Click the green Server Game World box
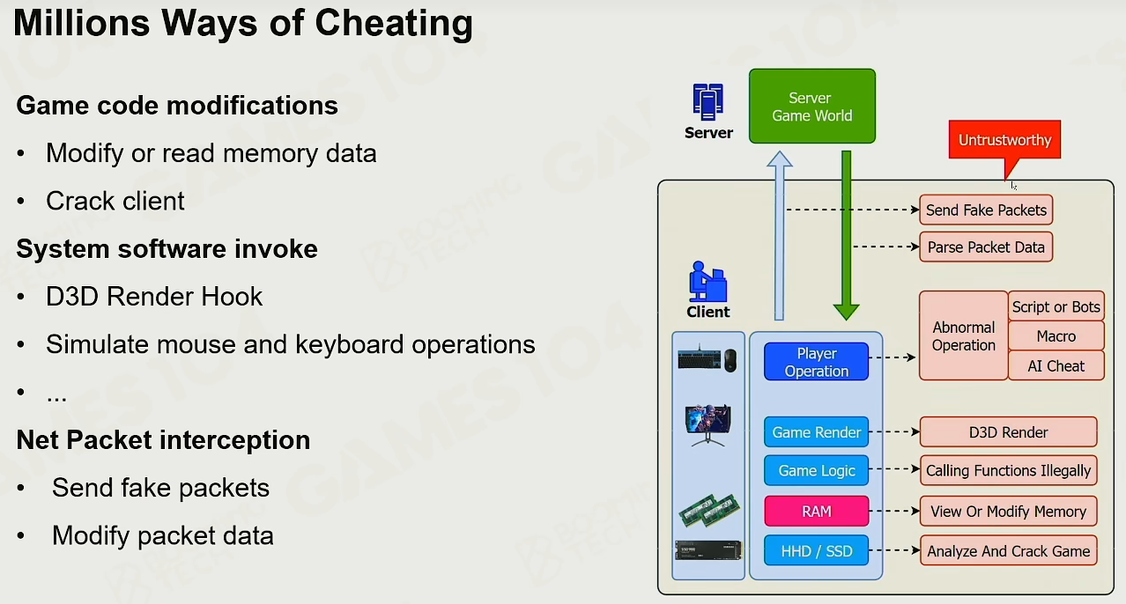811,106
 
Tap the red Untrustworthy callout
1004,140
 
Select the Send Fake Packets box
986,210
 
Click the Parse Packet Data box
986,247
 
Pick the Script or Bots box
1056,306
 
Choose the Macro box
1056,335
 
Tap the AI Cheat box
1056,365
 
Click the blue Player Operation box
817,362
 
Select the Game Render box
817,432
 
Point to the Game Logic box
817,470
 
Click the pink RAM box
817,511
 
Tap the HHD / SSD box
817,551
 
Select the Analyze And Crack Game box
1008,551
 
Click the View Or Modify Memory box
1008,511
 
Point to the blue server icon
707,102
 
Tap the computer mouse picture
730,360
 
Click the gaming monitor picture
707,424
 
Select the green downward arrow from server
847,235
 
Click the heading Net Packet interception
163,439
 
